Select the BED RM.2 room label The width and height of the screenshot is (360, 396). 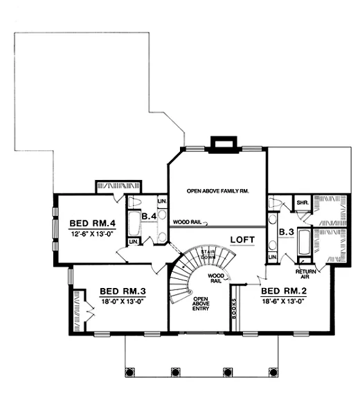[284, 291]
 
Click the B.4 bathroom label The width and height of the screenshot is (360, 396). [148, 217]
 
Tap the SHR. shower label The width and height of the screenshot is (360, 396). [303, 203]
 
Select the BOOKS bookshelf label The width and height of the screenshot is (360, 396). [235, 308]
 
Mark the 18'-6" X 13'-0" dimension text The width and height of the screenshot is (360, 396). [284, 302]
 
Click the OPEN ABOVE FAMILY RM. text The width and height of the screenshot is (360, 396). [218, 189]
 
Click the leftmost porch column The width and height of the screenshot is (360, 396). [129, 372]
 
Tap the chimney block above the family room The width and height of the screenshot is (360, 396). [224, 143]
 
